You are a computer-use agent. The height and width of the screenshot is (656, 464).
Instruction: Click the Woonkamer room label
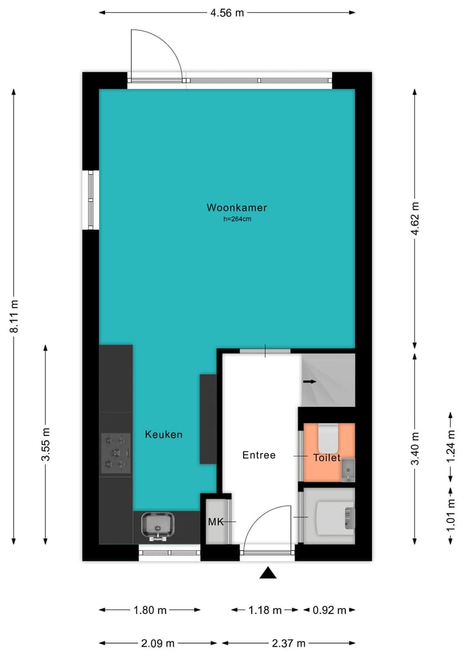click(237, 208)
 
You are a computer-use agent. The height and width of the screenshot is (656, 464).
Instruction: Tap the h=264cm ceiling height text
click(237, 219)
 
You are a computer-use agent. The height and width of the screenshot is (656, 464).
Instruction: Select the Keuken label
click(163, 435)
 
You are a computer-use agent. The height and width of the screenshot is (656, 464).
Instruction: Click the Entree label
click(258, 455)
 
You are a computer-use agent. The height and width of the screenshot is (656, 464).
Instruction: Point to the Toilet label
click(326, 457)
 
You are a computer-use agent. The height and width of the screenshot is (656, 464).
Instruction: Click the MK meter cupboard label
click(215, 521)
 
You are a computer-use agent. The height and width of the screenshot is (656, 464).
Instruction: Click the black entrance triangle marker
click(268, 573)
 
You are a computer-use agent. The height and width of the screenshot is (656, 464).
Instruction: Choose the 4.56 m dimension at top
click(227, 12)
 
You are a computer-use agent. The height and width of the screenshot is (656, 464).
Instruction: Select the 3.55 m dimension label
click(46, 444)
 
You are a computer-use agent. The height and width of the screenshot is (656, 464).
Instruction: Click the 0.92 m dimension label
click(329, 610)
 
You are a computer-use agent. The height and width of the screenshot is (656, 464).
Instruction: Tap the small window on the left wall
click(91, 199)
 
